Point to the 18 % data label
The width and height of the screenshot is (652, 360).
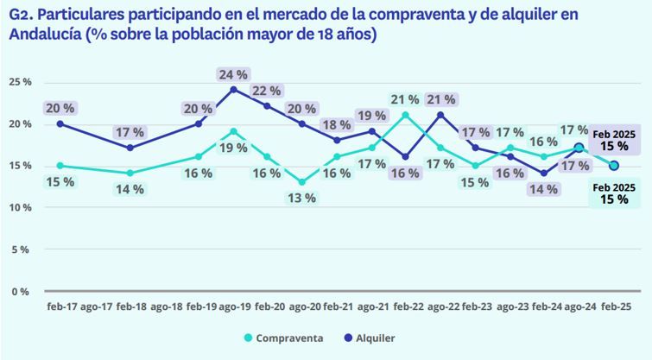pos(337,124)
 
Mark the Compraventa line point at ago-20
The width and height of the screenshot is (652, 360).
pos(302,182)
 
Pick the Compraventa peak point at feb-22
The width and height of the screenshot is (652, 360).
pos(406,115)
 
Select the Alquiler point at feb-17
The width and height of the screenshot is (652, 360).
pos(60,123)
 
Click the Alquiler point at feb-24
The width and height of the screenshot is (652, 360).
pos(544,174)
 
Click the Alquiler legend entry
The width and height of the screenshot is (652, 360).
pos(373,338)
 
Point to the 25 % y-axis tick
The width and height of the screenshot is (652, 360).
pos(20,82)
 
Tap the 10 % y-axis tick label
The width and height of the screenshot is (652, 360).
pos(20,207)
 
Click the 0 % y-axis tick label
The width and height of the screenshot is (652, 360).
pos(22,291)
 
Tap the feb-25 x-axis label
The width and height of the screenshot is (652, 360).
pos(614,306)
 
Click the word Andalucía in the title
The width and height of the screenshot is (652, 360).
pos(42,35)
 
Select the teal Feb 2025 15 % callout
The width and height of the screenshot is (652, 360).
pos(614,194)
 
